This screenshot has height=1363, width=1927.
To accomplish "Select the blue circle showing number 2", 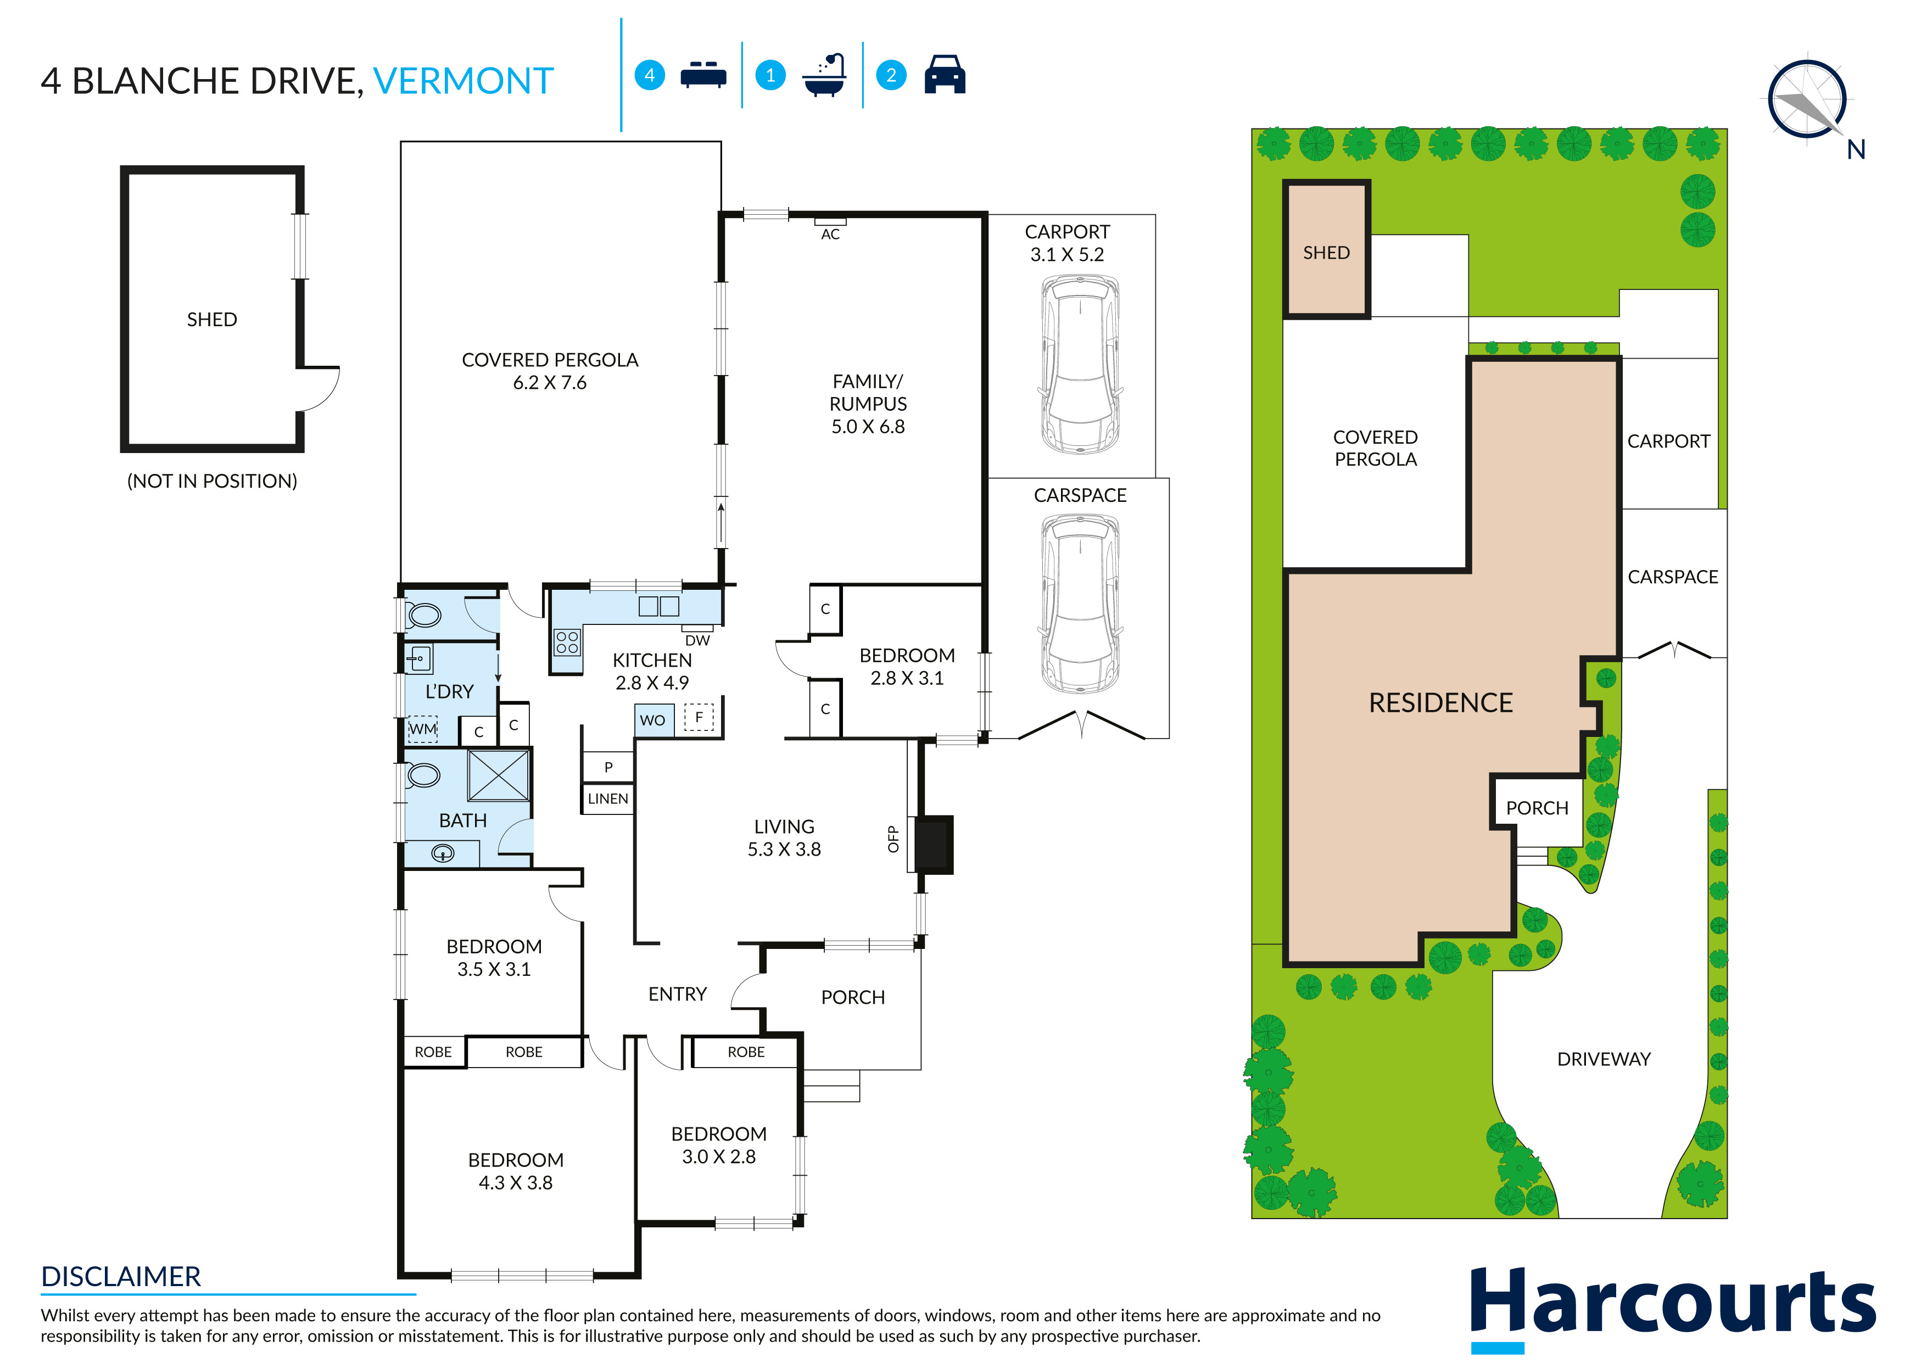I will point(891,76).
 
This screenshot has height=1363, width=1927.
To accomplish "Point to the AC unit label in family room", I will point(830,233).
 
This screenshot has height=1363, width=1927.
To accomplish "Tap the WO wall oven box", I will point(653,720).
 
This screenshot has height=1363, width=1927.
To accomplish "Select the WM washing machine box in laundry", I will point(422,729).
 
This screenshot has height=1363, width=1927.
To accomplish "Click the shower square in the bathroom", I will point(499,775).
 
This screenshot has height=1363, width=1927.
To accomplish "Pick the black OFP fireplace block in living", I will point(933,844).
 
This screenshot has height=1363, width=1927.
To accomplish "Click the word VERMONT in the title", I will point(463,81).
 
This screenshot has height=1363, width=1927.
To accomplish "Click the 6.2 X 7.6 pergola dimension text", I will point(550,383).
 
